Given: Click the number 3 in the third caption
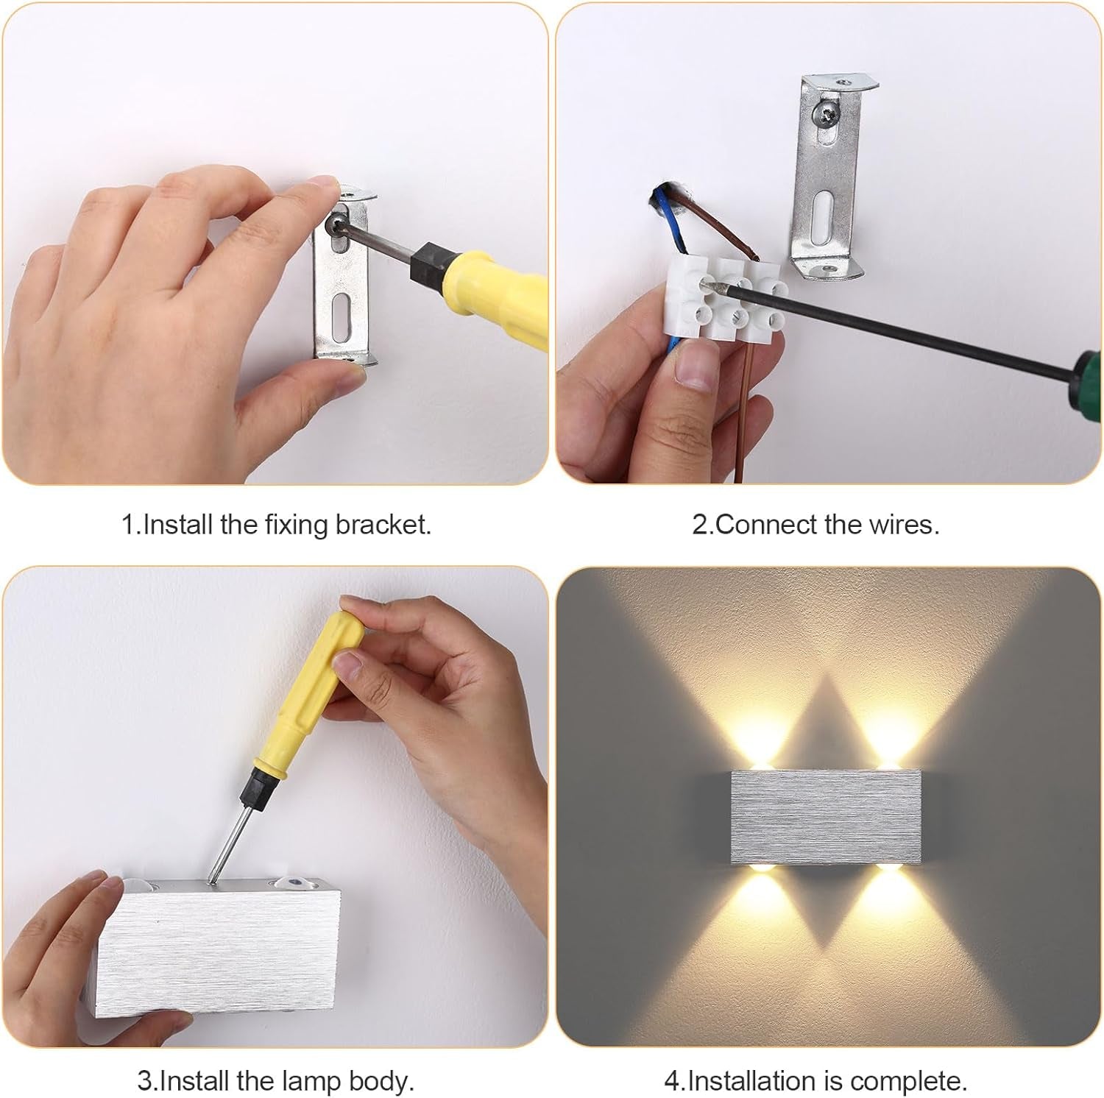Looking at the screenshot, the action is pyautogui.click(x=144, y=1081).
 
